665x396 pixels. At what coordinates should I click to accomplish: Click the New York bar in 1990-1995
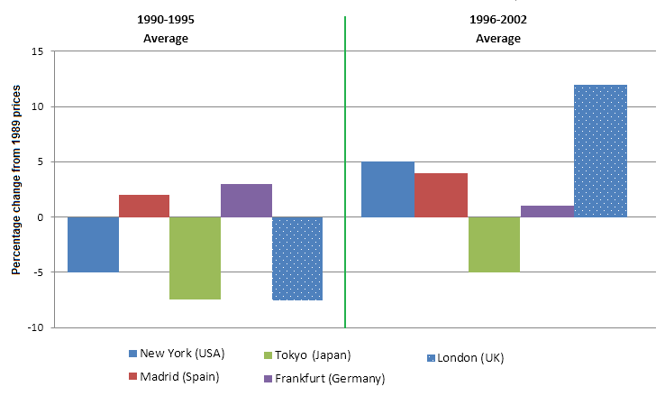93,244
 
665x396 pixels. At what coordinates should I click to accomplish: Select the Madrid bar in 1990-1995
143,206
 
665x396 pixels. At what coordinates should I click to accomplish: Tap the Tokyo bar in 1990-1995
195,258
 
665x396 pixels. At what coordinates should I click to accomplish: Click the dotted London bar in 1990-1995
297,258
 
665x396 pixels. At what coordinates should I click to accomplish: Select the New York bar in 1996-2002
387,189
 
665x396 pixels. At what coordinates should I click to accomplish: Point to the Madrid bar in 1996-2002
441,195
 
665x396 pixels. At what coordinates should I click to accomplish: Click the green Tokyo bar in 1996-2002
494,244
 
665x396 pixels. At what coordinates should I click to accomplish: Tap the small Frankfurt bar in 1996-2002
547,211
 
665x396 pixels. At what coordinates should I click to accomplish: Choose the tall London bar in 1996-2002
600,151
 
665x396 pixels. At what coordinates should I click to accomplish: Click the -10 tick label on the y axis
35,328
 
